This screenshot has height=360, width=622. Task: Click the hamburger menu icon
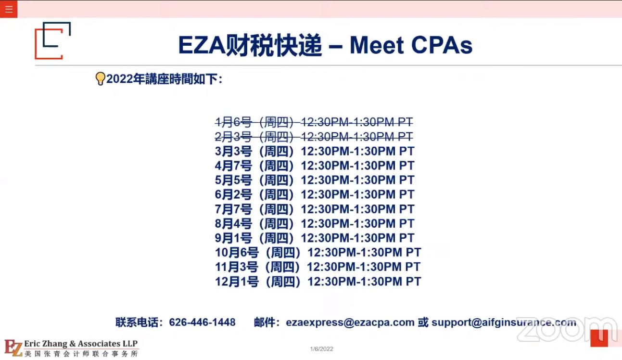9,9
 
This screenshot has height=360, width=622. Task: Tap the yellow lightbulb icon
100,78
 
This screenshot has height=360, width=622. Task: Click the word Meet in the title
376,45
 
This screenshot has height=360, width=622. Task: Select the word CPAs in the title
442,45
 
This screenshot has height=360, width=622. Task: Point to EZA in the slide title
202,45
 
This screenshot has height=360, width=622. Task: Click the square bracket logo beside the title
52,40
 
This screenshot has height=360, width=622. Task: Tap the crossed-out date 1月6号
233,122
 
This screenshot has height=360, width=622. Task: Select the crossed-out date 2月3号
233,137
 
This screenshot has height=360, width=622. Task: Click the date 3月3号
233,152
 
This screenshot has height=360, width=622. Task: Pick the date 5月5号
233,180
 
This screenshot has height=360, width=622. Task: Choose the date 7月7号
233,209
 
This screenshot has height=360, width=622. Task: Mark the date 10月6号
237,253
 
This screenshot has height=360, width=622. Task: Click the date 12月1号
237,282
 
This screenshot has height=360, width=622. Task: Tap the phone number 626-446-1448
202,322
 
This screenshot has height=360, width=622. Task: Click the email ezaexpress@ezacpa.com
350,322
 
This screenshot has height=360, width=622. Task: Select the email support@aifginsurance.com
504,322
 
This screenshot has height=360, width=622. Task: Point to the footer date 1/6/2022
321,349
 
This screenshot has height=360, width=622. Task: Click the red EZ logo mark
13,347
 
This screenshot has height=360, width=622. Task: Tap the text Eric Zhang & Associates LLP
81,344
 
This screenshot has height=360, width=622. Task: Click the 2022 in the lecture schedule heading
120,79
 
